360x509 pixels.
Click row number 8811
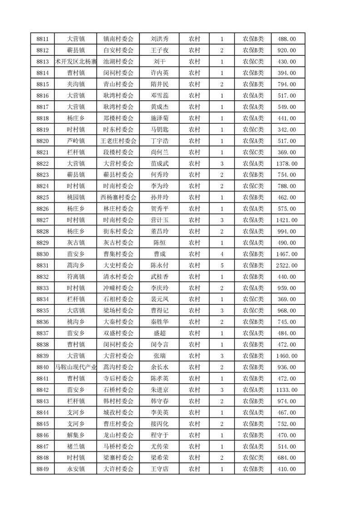click(x=42, y=39)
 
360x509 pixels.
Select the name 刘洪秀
click(x=159, y=39)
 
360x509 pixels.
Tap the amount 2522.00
click(x=287, y=265)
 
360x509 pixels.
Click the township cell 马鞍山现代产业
click(x=76, y=367)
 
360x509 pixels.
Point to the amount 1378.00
click(x=287, y=164)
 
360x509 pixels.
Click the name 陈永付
click(x=159, y=265)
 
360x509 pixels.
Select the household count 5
click(x=222, y=265)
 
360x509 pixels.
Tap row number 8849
click(x=42, y=469)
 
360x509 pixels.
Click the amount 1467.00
click(x=287, y=254)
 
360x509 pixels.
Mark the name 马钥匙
click(x=159, y=130)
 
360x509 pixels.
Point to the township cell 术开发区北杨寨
click(x=76, y=62)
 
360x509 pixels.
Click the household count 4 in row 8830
click(x=222, y=254)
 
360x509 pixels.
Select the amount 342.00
click(x=287, y=130)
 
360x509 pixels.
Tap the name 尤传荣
click(x=159, y=446)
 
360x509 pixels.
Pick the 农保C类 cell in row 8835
click(x=253, y=311)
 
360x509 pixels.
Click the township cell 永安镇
click(x=76, y=469)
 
